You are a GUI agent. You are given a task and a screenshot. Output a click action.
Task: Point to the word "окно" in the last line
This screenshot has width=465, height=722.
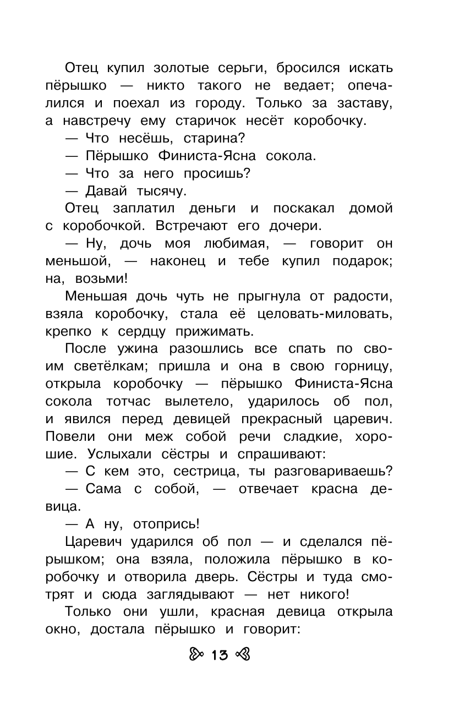pyautogui.click(x=60, y=630)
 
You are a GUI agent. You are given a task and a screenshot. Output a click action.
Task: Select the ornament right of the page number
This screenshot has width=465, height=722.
pyautogui.click(x=242, y=655)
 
